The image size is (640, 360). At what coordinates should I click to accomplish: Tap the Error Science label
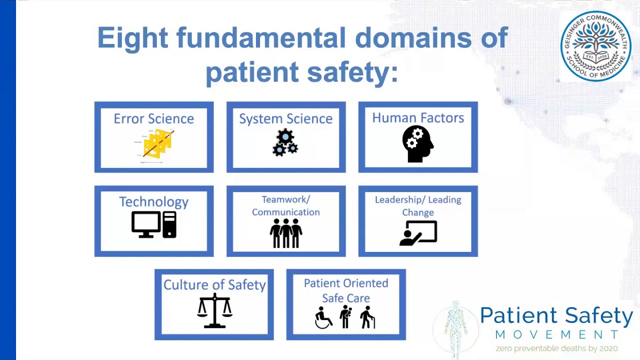pos(153,118)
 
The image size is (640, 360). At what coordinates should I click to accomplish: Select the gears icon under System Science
pos(285,142)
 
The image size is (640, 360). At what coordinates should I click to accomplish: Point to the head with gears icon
pos(417,143)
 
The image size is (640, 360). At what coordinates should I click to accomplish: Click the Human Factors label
pos(418,118)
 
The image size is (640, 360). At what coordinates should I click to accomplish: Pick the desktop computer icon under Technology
pos(153,224)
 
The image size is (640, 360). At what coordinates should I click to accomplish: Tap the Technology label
pos(153,201)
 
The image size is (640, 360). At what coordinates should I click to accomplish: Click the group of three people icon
pos(285,233)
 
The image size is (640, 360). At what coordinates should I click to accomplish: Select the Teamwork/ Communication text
pos(285,205)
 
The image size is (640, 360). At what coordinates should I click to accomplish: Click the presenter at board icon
pos(418,233)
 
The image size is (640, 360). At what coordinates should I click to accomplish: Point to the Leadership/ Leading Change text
pos(418,205)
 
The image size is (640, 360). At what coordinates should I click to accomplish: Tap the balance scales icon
pos(214,310)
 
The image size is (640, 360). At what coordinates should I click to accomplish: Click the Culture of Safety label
pos(214,284)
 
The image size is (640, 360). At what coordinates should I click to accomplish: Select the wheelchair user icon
pos(323,318)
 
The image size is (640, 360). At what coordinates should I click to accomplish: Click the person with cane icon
pos(367,317)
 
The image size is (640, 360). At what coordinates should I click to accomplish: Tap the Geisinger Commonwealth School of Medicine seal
pos(595,46)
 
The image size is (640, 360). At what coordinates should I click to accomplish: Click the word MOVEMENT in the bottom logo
pos(556,334)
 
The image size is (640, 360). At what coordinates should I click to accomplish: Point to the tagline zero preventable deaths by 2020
pos(556,348)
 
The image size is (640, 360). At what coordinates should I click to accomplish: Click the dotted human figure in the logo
pos(455,327)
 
